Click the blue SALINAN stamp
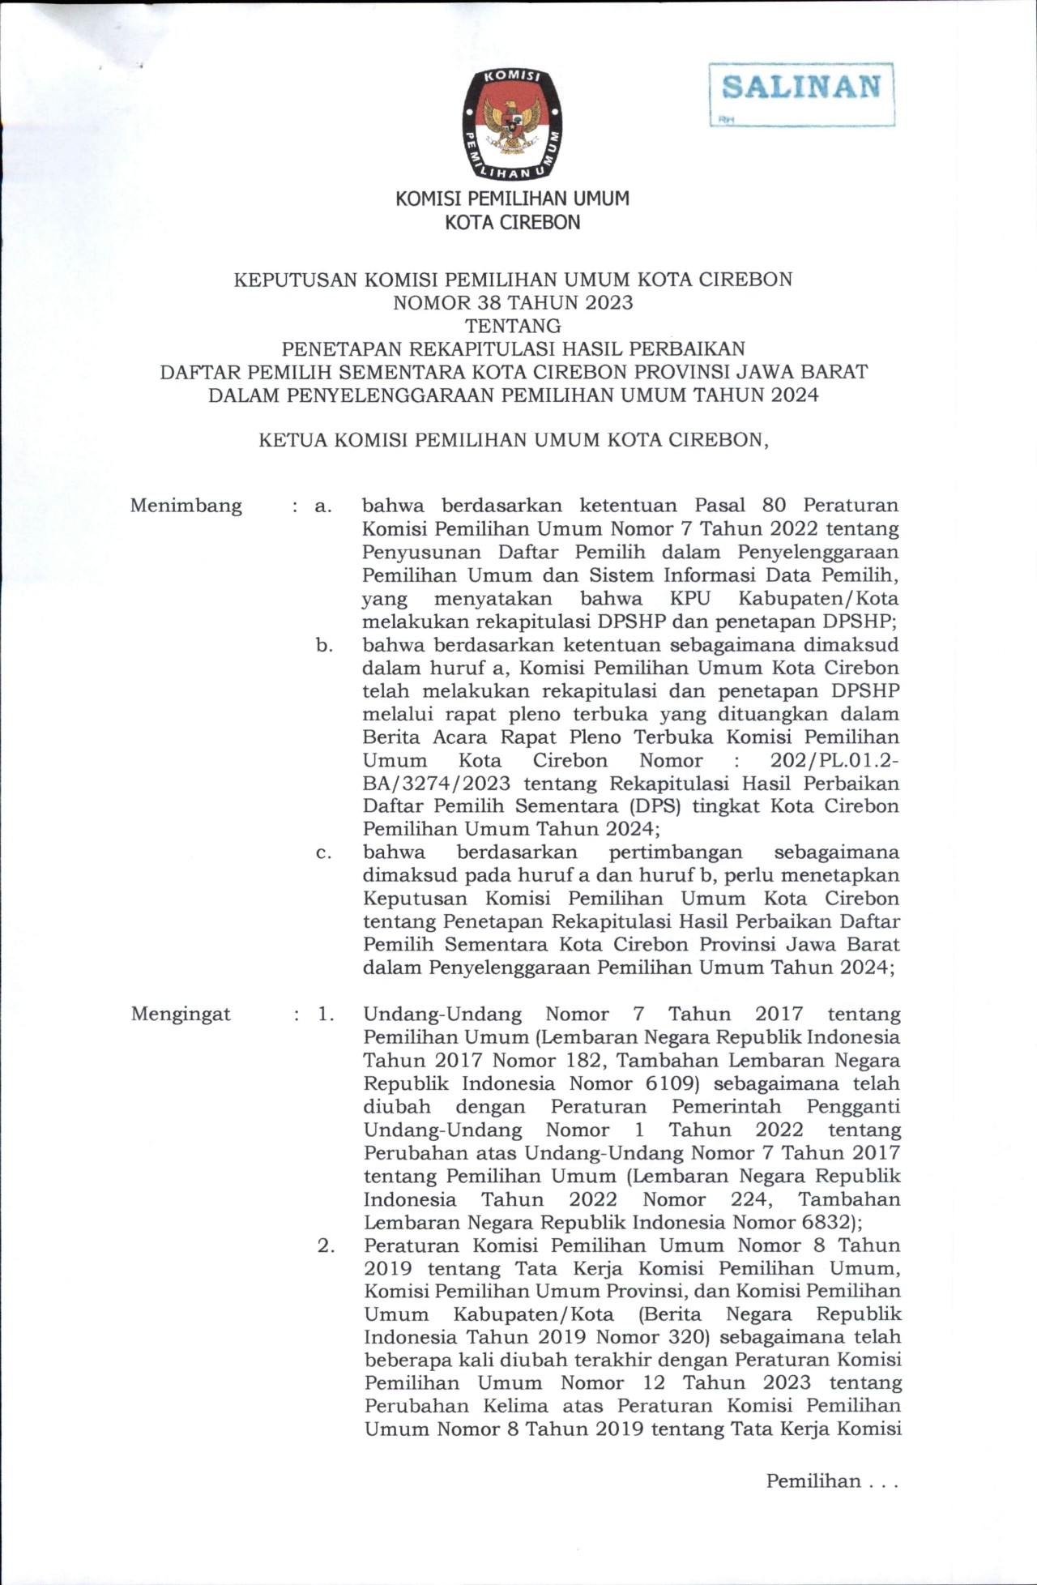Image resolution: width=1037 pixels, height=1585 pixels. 801,88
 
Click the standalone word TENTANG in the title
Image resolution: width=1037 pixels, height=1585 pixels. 513,326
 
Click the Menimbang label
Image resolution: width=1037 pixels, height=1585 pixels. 186,506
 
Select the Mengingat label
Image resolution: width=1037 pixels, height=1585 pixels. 181,1015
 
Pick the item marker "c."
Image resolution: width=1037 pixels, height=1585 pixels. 324,853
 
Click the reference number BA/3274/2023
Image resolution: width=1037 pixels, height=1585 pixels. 437,784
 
